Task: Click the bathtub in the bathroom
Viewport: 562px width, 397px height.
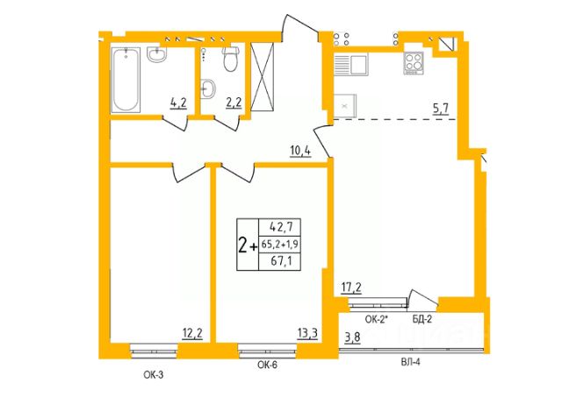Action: (125, 80)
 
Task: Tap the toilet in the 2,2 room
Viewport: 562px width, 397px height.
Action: (230, 59)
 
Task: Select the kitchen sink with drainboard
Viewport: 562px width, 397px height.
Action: (351, 64)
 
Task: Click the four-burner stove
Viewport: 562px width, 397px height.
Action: (414, 63)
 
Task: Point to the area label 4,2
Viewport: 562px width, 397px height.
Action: (178, 103)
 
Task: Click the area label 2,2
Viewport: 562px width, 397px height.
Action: (234, 103)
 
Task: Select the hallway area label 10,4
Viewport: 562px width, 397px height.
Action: (300, 152)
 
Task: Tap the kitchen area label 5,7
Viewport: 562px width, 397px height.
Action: (441, 108)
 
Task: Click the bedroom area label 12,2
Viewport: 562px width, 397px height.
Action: (192, 333)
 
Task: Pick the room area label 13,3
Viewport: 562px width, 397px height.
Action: (307, 333)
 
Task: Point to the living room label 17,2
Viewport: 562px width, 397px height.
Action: (351, 287)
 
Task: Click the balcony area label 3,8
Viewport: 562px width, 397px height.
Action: (353, 338)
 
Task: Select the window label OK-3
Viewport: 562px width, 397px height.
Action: (154, 375)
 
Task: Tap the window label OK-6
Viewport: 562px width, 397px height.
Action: (267, 365)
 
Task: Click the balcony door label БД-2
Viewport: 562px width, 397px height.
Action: (421, 319)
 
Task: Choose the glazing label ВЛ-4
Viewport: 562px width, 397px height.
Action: (410, 363)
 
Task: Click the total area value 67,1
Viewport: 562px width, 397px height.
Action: (281, 261)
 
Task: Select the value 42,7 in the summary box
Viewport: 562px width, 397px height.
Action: (281, 227)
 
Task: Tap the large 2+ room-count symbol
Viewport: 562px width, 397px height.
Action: (248, 245)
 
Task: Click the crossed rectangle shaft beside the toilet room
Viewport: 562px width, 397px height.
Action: (262, 76)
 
